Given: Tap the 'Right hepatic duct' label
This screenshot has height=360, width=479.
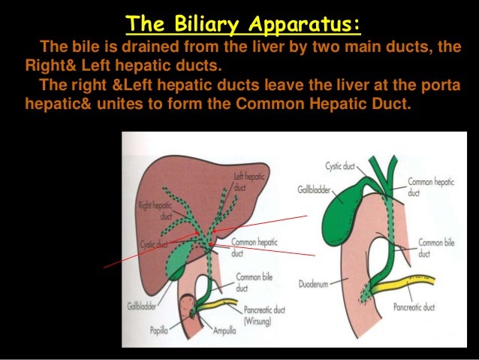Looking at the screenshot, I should pos(155,210).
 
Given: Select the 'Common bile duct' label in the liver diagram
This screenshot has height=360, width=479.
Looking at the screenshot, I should pos(249,281).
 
